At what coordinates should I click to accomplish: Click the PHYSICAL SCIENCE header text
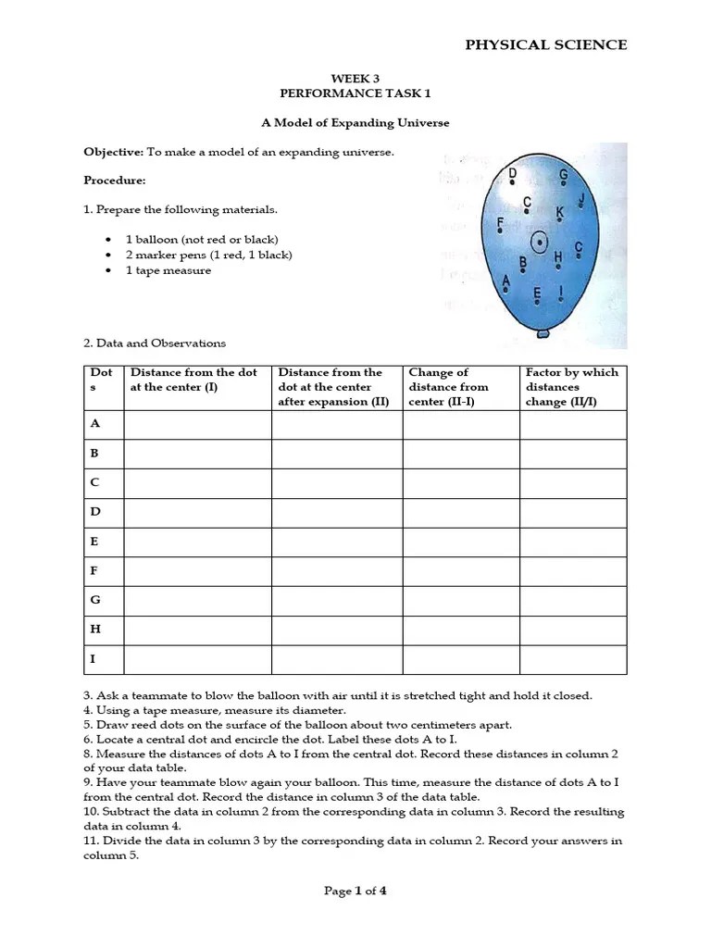(545, 44)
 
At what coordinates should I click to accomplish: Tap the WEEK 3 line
(355, 80)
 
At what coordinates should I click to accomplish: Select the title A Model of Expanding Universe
(355, 123)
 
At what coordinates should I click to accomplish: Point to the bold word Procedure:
(115, 181)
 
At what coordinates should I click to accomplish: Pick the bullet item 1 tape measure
(168, 270)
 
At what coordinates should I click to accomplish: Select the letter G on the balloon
(563, 176)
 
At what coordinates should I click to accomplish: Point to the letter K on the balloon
(559, 213)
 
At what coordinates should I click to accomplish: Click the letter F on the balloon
(501, 223)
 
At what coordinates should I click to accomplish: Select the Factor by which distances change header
(572, 387)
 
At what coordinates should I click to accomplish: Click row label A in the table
(94, 423)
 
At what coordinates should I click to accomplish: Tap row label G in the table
(94, 600)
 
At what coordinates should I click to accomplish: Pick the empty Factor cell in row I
(572, 659)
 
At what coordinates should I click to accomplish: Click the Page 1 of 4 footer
(355, 892)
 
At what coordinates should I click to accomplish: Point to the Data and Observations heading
(155, 343)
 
